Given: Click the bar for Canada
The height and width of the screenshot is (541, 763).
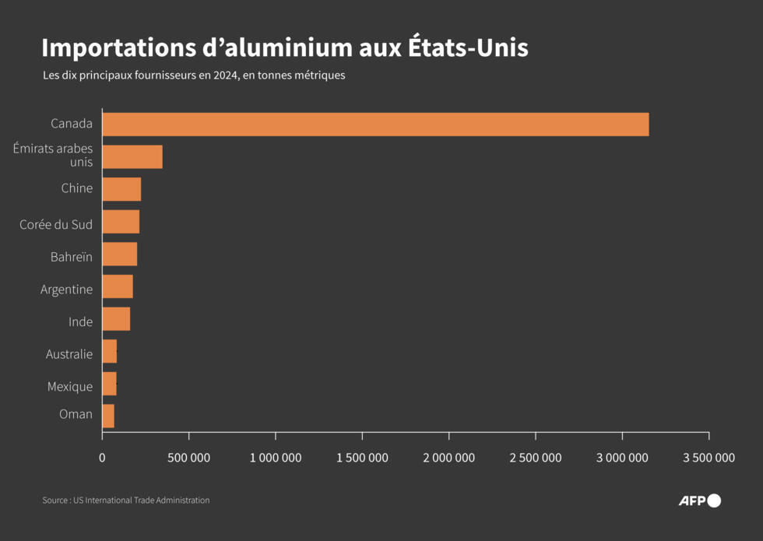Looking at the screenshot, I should click(x=375, y=125).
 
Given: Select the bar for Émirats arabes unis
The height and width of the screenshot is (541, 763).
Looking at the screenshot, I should click(x=132, y=156).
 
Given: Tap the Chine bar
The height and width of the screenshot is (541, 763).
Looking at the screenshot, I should click(x=121, y=189).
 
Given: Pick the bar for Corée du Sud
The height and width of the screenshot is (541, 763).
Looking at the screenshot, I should click(x=121, y=222).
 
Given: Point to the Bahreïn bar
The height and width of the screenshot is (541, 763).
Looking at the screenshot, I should click(x=119, y=255).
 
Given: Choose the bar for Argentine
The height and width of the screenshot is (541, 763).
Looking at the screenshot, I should click(x=118, y=286).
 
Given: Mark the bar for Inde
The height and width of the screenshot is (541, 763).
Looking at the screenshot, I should click(x=116, y=319).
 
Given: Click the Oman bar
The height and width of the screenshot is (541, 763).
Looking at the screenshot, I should click(x=108, y=416).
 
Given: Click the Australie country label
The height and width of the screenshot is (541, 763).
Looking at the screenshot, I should click(x=69, y=354).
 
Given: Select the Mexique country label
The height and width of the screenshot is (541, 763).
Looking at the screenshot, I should click(x=70, y=387).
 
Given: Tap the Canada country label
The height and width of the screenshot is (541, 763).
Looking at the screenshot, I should click(x=72, y=124).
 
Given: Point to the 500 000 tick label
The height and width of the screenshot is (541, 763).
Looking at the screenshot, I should click(x=189, y=458).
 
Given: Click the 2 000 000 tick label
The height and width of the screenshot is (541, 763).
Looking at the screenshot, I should click(x=448, y=458).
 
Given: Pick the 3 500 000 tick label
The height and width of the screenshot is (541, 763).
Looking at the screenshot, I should click(x=708, y=458).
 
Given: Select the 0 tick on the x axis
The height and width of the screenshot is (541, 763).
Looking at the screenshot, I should click(x=102, y=458).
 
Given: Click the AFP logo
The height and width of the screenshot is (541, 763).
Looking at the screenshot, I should click(x=698, y=501).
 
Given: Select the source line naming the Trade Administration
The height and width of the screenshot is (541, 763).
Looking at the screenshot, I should click(x=125, y=501).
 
